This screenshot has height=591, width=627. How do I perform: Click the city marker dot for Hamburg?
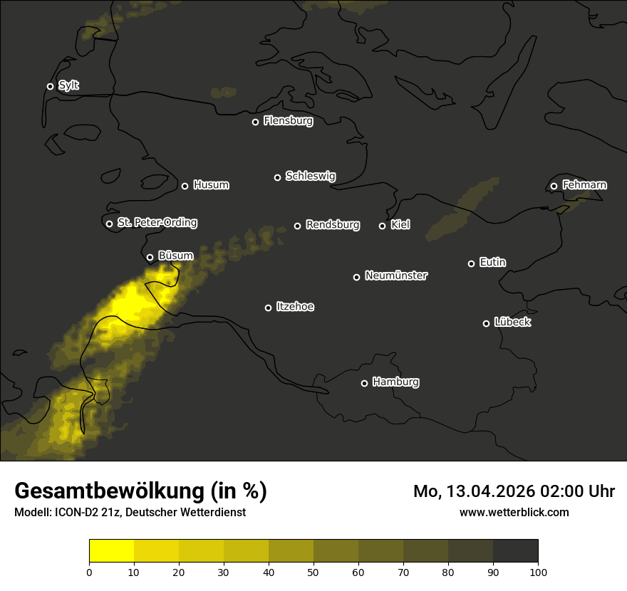coord(364,383)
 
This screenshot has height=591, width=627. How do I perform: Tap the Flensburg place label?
coord(288,121)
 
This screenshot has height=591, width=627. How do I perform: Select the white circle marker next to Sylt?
coord(50,86)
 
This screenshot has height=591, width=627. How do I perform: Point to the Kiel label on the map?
coord(400,225)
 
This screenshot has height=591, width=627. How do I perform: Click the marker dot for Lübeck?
coord(486,323)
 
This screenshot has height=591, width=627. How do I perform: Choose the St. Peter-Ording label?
coord(157,223)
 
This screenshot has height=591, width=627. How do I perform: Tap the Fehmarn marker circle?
coord(554,186)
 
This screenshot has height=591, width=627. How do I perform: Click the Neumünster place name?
coord(396,276)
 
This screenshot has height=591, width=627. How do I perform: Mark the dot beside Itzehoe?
coord(268,308)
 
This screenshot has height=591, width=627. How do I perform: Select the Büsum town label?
coord(175,256)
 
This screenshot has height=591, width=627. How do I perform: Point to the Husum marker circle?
coord(185,186)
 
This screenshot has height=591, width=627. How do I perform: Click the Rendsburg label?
coord(333,225)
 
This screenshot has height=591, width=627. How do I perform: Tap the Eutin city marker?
coord(471,263)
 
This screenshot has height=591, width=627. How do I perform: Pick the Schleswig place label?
coord(310,176)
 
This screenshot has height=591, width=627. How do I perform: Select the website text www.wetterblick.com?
coord(514,512)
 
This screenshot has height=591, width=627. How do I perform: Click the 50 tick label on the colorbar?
coord(313,571)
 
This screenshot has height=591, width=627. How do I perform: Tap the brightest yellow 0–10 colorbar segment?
coord(111,551)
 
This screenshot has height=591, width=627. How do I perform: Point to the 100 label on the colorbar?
coord(538,571)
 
